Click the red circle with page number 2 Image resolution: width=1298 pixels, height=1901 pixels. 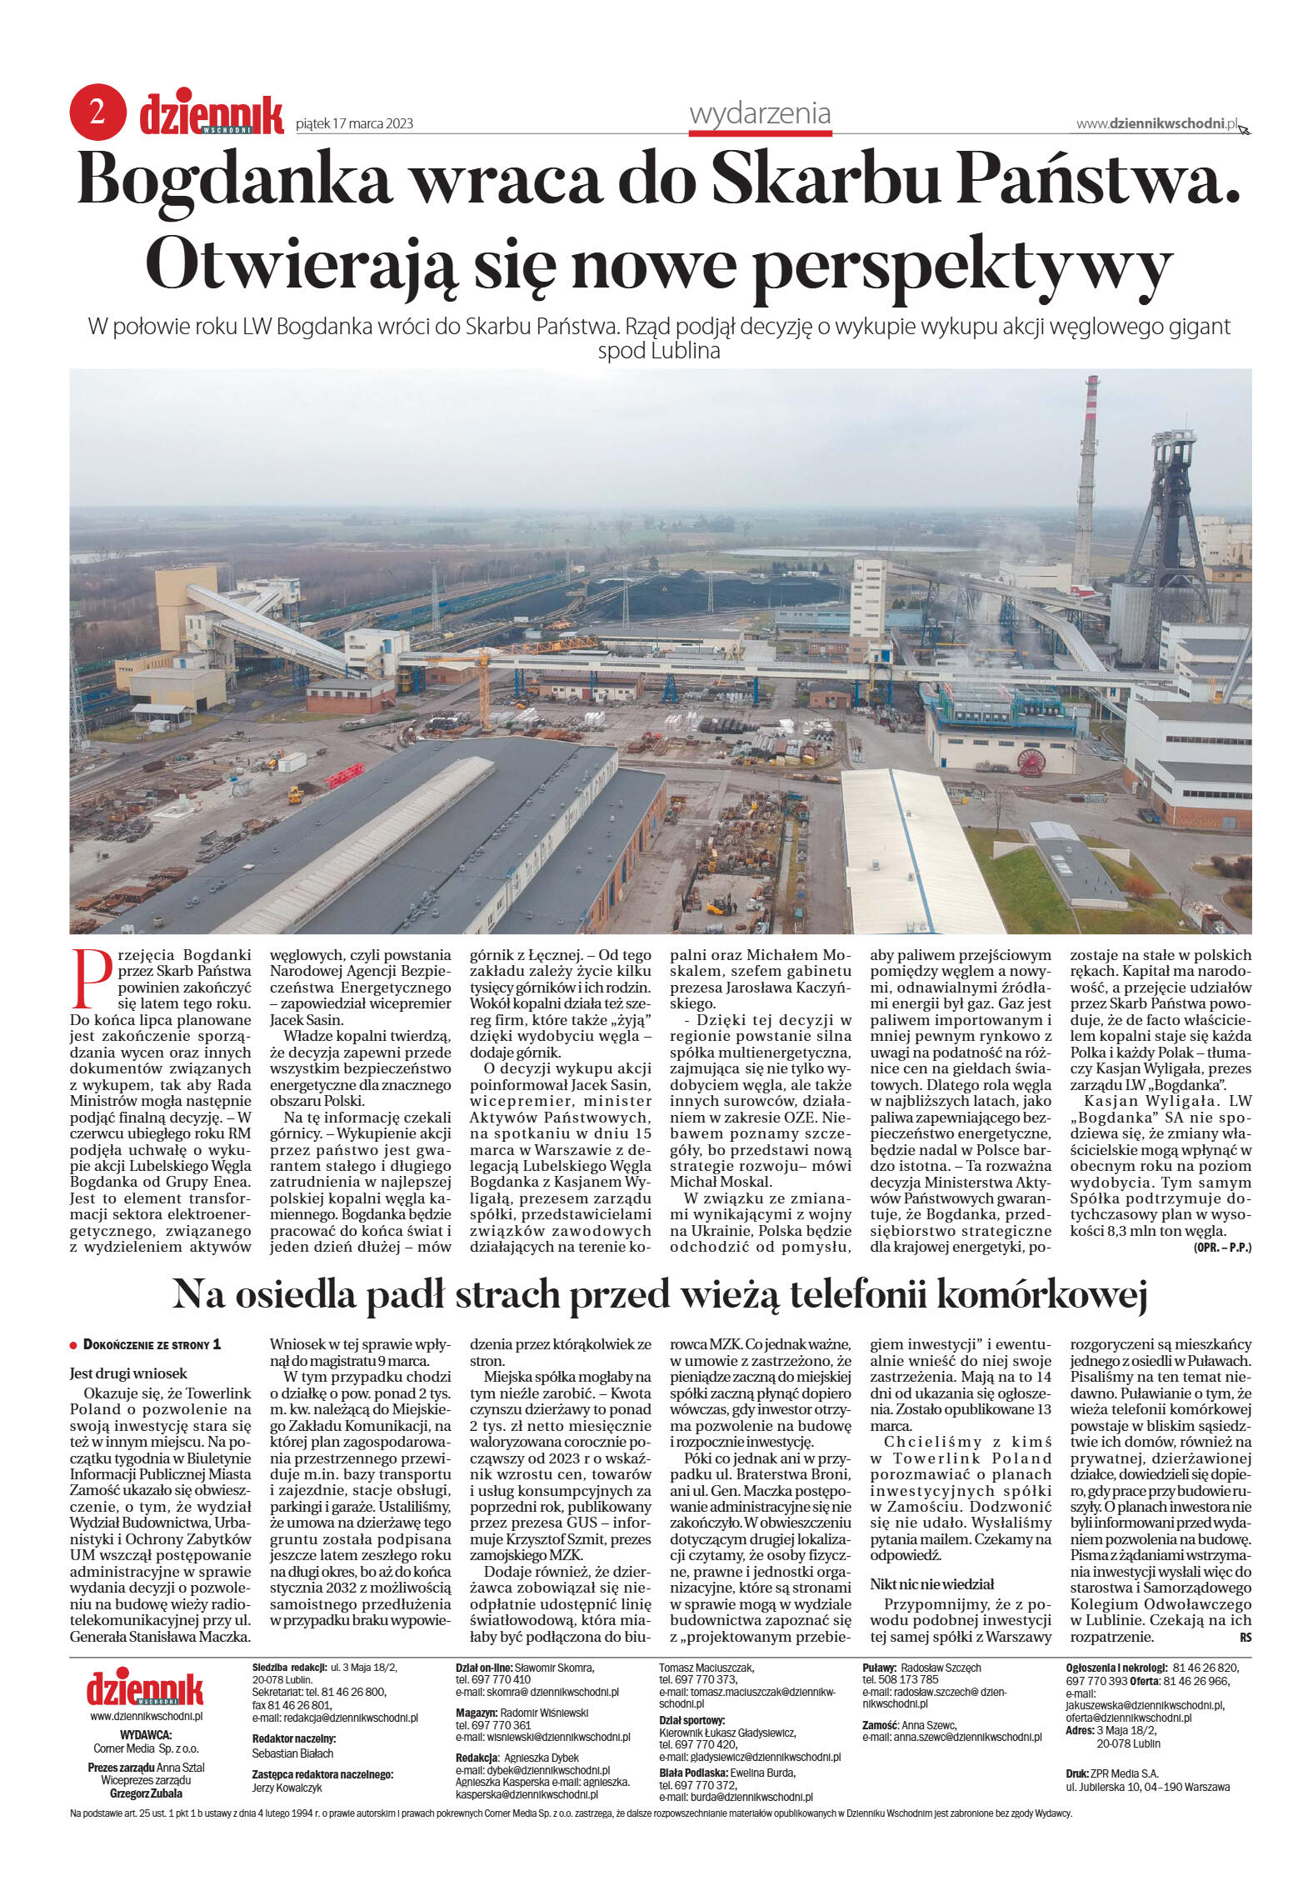(97, 113)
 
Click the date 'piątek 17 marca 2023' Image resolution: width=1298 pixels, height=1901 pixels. (355, 124)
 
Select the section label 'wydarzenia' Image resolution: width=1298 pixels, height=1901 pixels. (760, 113)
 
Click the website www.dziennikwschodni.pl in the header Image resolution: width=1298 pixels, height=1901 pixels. (1156, 123)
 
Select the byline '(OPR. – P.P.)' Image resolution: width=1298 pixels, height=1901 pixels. (1221, 1247)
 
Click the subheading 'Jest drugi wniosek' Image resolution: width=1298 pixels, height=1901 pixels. (128, 1373)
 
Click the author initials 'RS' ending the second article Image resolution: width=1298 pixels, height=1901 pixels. (1245, 1637)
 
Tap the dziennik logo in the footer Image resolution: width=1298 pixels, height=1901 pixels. (145, 1688)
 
